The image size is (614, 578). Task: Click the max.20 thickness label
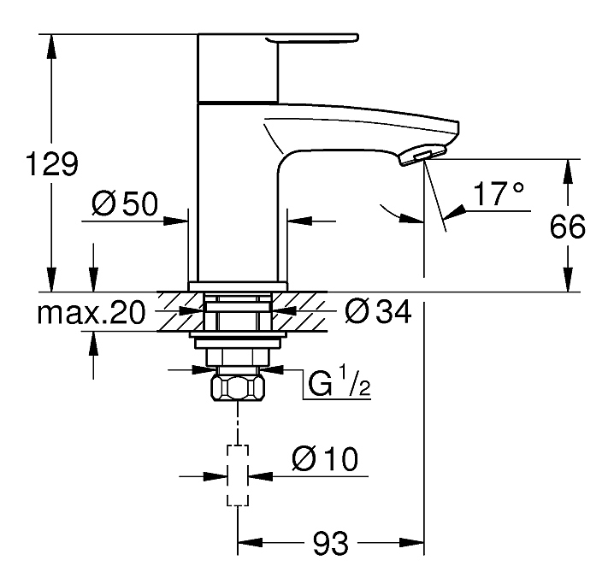(x=92, y=313)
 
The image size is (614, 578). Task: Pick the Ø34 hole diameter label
(x=377, y=313)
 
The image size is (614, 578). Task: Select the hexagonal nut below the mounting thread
(x=237, y=388)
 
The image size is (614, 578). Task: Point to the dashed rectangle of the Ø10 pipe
(x=237, y=475)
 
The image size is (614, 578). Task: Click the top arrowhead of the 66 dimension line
(x=565, y=169)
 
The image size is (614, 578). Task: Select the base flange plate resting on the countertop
(x=237, y=286)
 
